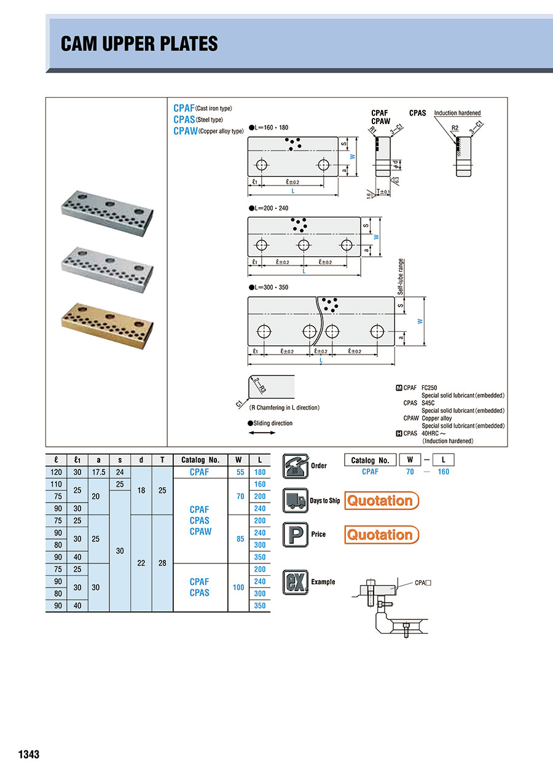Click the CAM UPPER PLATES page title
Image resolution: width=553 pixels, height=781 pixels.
pos(139,44)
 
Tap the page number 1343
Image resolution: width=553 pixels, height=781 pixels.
pos(29,754)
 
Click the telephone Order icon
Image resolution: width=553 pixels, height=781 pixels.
pos(295,466)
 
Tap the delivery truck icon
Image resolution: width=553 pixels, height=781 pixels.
pos(295,500)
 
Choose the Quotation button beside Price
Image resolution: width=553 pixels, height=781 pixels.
pos(381,535)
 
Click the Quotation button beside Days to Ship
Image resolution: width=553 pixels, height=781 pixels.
pos(381,501)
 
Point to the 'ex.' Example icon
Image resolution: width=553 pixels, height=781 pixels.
pos(295,582)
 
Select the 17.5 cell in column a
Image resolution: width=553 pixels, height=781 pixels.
pos(98,473)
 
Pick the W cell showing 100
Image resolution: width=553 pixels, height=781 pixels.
pos(238,587)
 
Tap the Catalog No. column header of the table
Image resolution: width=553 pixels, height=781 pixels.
pos(200,460)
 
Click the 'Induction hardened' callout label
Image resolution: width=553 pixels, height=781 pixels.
pos(457,113)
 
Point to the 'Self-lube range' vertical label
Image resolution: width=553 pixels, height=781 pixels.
pos(400,277)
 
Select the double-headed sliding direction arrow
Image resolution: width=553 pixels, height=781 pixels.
pos(262,433)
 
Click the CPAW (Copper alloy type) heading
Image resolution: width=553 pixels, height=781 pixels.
pos(208,131)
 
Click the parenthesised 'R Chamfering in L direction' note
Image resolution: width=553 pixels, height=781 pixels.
pos(284,407)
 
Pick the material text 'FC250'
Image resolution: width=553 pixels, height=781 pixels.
pos(429,388)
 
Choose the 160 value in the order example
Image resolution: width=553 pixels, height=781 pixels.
pos(443,472)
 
